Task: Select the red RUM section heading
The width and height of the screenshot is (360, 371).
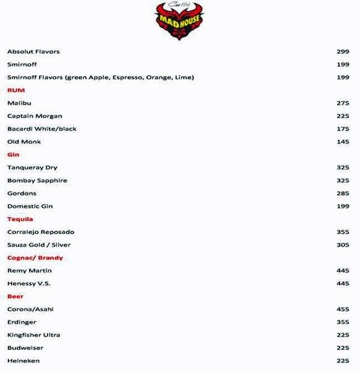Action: pyautogui.click(x=16, y=90)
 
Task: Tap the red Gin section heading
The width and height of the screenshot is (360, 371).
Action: pyautogui.click(x=14, y=155)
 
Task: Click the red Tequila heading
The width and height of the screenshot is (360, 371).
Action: pyautogui.click(x=20, y=219)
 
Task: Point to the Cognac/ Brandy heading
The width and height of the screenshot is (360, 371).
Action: pyautogui.click(x=35, y=258)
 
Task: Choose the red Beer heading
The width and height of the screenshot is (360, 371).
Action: pyautogui.click(x=15, y=296)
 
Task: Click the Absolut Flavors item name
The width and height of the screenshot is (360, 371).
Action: pyautogui.click(x=33, y=51)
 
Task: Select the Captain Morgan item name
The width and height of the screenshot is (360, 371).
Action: pyautogui.click(x=35, y=116)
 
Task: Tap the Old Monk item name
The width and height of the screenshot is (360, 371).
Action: pyautogui.click(x=24, y=142)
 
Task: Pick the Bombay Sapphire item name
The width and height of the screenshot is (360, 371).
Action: pyautogui.click(x=37, y=181)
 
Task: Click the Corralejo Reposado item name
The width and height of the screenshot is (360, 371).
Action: pyautogui.click(x=41, y=232)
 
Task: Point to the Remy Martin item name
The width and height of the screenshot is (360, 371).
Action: pyautogui.click(x=30, y=271)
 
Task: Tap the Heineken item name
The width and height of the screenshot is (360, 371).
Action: pyautogui.click(x=24, y=360)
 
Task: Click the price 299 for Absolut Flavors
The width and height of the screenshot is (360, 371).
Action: pyautogui.click(x=343, y=51)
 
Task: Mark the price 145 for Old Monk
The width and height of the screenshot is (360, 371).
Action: pyautogui.click(x=343, y=142)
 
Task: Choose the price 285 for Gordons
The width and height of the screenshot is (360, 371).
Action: pyautogui.click(x=343, y=194)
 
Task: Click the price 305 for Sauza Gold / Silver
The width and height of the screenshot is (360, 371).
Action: pyautogui.click(x=343, y=245)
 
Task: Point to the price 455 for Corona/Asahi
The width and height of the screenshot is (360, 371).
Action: pyautogui.click(x=343, y=309)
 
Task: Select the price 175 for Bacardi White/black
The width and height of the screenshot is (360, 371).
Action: pyautogui.click(x=343, y=129)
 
